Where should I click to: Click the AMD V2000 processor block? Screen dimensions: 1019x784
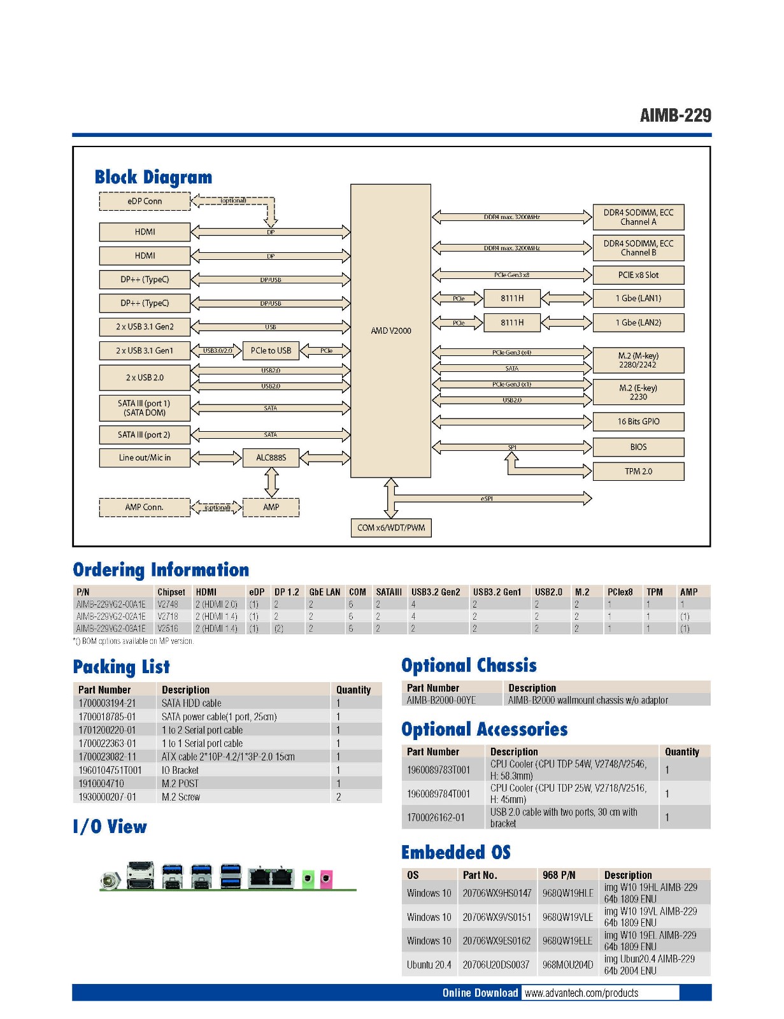pos(390,331)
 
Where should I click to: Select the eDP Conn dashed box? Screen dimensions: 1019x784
pos(145,201)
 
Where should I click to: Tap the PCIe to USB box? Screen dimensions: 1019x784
pos(271,350)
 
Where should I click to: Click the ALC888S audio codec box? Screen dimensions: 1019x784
pos(271,457)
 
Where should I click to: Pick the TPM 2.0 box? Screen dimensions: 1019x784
pos(638,471)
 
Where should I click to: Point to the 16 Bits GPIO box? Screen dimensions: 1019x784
pos(638,422)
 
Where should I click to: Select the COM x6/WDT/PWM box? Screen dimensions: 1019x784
pos(391,528)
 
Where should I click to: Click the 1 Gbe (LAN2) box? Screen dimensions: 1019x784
pos(638,322)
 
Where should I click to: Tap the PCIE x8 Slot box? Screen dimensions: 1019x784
pos(638,275)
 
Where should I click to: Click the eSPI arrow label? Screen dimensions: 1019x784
pos(487,499)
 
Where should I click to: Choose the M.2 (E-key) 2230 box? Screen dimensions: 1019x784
pos(638,392)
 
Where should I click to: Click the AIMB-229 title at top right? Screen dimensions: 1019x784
pos(675,115)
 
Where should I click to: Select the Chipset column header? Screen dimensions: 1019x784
pos(171,592)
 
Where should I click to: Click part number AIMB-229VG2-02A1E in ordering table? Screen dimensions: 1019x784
pos(111,616)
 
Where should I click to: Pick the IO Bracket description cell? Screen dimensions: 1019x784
pos(180,770)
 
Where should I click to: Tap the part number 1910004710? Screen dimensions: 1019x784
pos(101,783)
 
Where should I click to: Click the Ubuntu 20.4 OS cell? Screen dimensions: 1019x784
pos(429,965)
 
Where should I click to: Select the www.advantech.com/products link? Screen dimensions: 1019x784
pos(581,993)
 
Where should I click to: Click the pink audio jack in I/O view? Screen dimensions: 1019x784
pos(325,879)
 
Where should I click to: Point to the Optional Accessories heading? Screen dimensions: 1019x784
pos(485,729)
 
